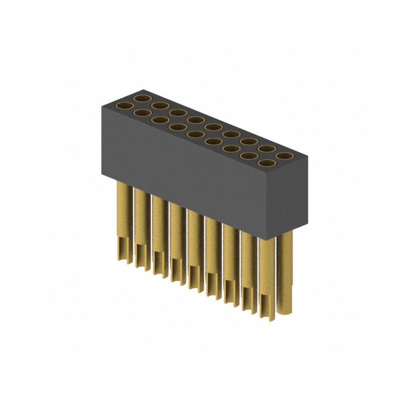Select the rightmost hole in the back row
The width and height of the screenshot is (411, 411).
tap(284, 155)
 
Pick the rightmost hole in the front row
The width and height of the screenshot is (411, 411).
tap(266, 164)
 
